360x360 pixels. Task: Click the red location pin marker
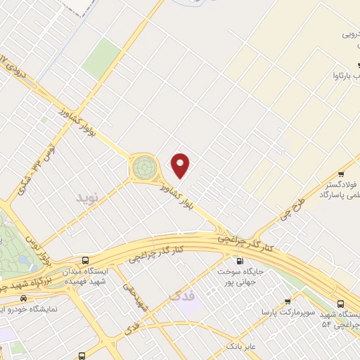(x=181, y=165)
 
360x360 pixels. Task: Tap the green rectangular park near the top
(x=102, y=58)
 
